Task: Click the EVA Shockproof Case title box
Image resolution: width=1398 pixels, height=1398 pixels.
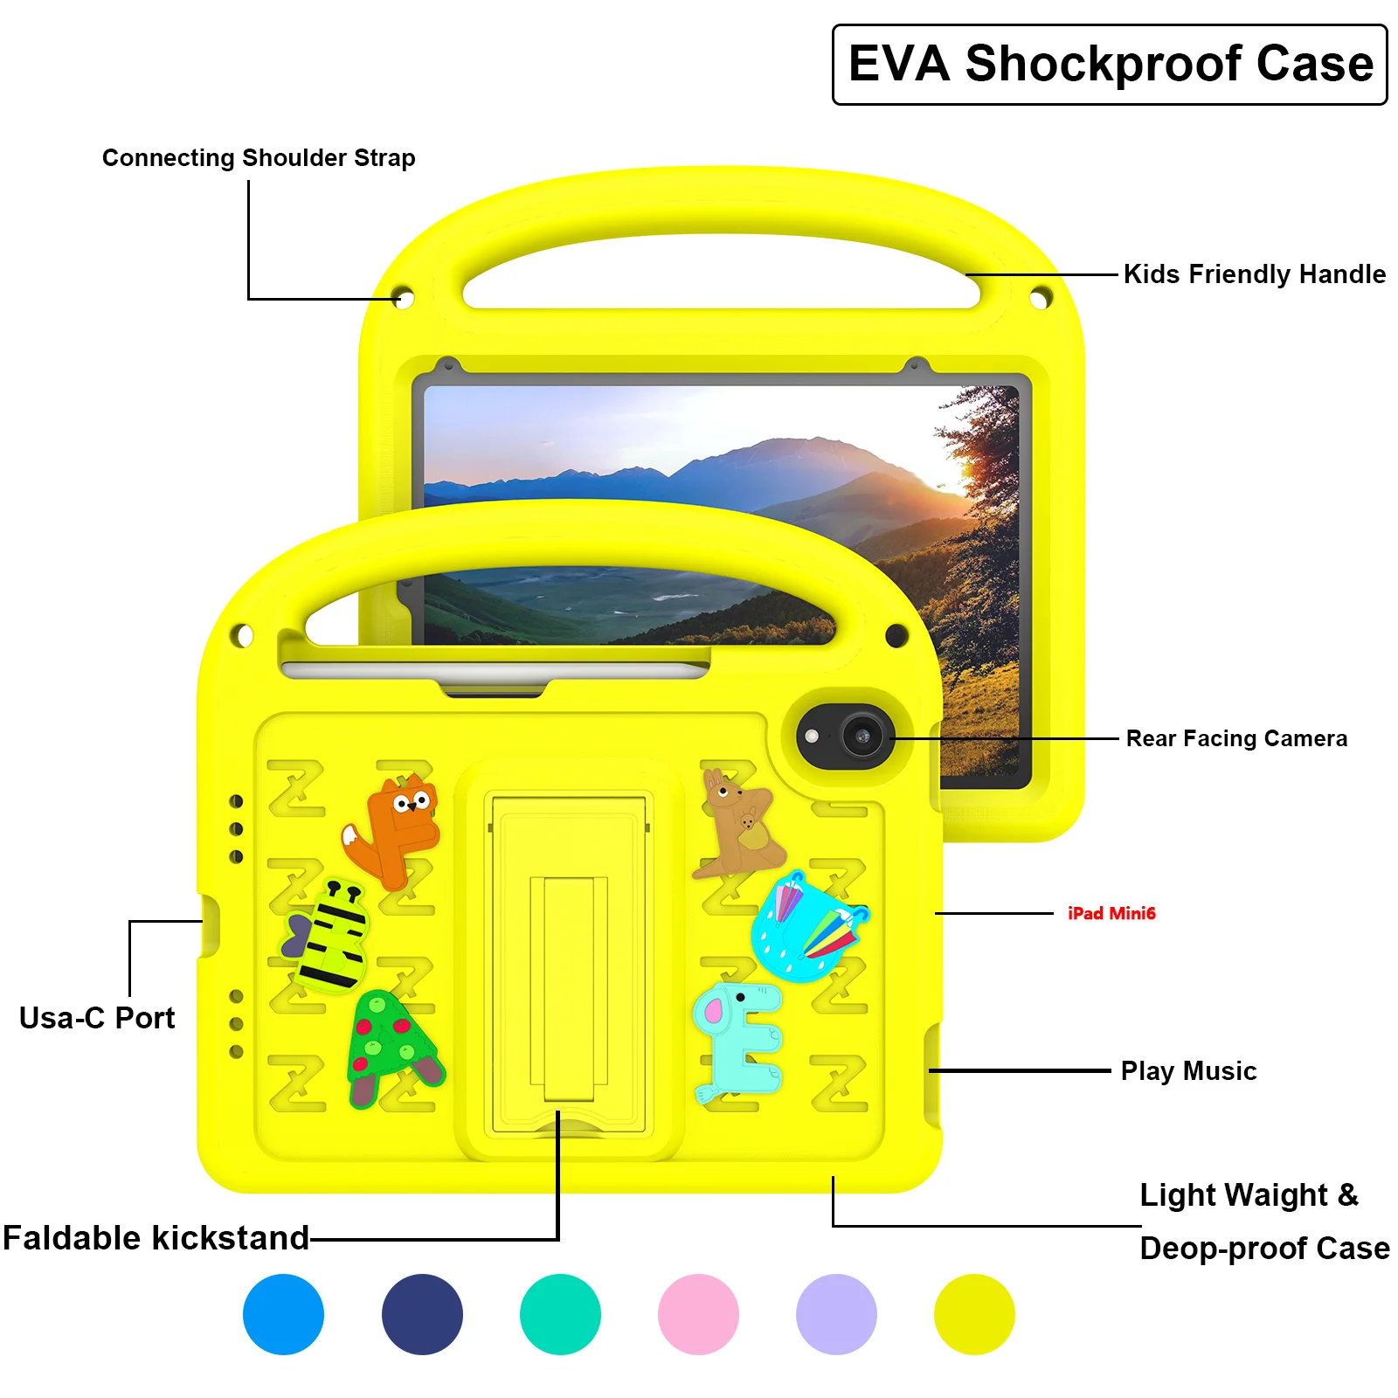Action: point(1110,65)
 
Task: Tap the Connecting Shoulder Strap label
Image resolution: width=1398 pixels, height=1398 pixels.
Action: point(259,158)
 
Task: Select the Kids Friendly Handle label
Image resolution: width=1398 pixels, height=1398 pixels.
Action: point(1254,274)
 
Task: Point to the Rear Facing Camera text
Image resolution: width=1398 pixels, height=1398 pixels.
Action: point(1235,739)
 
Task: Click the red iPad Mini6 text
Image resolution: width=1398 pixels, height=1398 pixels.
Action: point(1111,913)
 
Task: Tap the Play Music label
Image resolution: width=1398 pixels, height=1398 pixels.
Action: point(1188,1071)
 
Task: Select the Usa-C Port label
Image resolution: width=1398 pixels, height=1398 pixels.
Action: point(97,1018)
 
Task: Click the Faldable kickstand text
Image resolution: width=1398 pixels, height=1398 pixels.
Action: point(156,1238)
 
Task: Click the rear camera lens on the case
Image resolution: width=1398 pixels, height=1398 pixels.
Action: point(862,737)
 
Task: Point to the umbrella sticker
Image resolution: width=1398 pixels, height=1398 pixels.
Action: point(808,926)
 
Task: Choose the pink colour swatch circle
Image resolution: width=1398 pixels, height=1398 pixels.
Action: point(698,1314)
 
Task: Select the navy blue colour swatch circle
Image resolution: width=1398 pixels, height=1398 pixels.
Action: point(422,1314)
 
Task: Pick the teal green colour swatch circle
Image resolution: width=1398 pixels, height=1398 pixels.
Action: point(560,1314)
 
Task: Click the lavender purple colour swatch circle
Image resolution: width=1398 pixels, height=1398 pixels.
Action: point(836,1314)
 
